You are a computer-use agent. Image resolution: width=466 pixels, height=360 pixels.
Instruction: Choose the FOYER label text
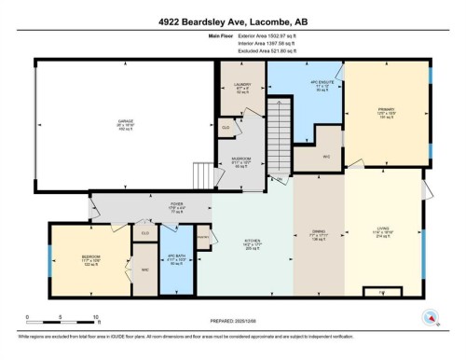click(x=177, y=208)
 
